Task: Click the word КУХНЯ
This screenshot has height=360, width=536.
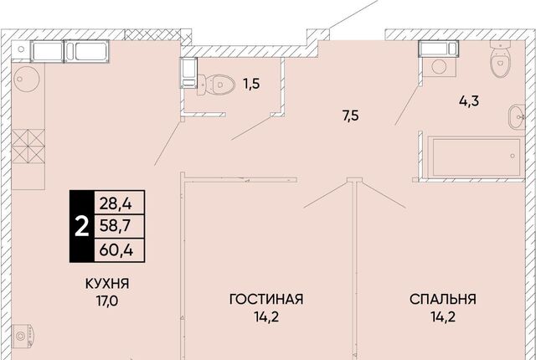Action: tap(107, 284)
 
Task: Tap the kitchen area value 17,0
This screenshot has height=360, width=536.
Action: tap(107, 301)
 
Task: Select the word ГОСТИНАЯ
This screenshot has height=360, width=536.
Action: tap(266, 299)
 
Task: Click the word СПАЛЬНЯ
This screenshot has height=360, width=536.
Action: tap(443, 299)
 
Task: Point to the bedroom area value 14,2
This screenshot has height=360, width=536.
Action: tap(443, 317)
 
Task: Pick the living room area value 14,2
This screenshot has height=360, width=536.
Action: tap(266, 317)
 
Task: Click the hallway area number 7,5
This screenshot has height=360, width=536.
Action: tap(351, 116)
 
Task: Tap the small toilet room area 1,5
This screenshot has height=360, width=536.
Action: tap(251, 84)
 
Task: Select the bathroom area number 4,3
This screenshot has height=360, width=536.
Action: tap(469, 101)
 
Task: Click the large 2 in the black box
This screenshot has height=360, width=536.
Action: tap(82, 227)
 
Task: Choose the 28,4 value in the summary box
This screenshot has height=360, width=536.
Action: tap(116, 204)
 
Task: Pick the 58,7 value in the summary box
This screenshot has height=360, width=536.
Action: tap(116, 226)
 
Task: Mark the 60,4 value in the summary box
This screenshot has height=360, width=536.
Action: tap(116, 250)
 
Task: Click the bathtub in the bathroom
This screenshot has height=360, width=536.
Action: tap(476, 157)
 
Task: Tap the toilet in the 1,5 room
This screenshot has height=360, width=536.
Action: tap(216, 85)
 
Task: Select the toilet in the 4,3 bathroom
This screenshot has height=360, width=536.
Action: tap(500, 58)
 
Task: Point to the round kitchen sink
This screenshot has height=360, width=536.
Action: tap(26, 79)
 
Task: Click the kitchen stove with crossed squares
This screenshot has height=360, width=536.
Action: tap(28, 147)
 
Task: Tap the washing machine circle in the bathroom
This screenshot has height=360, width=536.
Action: tap(439, 66)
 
